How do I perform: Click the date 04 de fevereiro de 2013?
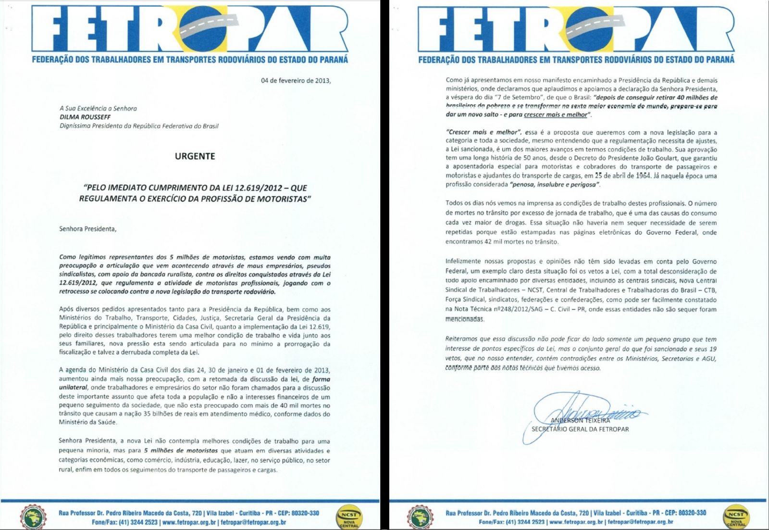click(x=296, y=80)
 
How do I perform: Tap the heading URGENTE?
click(x=195, y=156)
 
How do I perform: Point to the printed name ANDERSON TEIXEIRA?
click(x=580, y=420)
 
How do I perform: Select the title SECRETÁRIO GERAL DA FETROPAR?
click(x=580, y=429)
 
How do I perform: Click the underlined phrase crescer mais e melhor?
click(x=556, y=115)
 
